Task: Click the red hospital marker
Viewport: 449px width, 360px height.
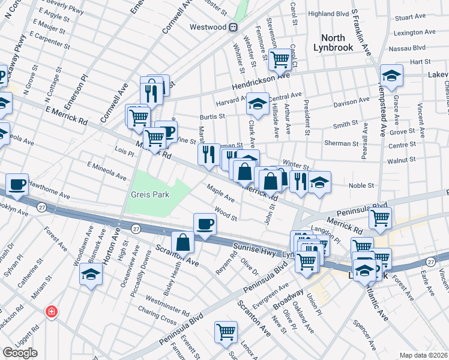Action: click(52, 311)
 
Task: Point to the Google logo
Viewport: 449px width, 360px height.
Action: click(20, 353)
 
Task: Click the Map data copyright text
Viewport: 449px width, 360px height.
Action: click(424, 355)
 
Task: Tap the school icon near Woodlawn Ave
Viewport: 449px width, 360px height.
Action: click(91, 274)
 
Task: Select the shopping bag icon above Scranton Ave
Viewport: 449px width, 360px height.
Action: click(182, 243)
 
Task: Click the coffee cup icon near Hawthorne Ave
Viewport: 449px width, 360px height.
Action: click(17, 184)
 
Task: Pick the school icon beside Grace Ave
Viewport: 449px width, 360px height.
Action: click(391, 76)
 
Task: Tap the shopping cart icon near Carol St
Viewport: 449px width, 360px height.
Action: click(279, 59)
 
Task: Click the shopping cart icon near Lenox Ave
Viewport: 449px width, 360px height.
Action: click(226, 331)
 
